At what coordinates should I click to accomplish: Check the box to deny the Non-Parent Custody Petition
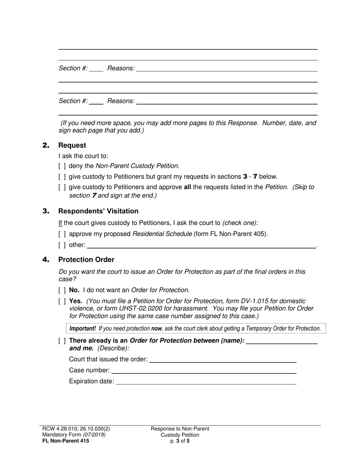(x=62, y=166)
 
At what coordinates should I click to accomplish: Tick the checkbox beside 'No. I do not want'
(x=62, y=290)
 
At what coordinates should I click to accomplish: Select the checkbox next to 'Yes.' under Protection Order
(x=62, y=301)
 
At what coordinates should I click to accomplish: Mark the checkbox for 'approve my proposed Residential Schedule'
(x=62, y=234)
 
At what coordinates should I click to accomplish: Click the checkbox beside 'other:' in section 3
(x=62, y=245)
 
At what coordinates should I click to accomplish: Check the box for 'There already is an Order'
(x=62, y=341)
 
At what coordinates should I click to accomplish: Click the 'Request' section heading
(x=72, y=145)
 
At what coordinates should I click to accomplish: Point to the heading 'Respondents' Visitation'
(x=98, y=211)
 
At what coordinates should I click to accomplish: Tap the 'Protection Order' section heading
(x=86, y=260)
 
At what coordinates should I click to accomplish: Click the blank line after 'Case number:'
(x=203, y=371)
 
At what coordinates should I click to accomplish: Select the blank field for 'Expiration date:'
(x=206, y=382)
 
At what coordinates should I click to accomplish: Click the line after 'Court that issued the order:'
(x=223, y=360)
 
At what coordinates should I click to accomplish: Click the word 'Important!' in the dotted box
(x=83, y=328)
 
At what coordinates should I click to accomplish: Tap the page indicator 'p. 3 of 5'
(x=180, y=441)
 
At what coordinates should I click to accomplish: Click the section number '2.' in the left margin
(x=46, y=145)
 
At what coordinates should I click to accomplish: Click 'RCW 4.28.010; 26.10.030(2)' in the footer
(x=76, y=429)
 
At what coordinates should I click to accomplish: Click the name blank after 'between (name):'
(x=282, y=341)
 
